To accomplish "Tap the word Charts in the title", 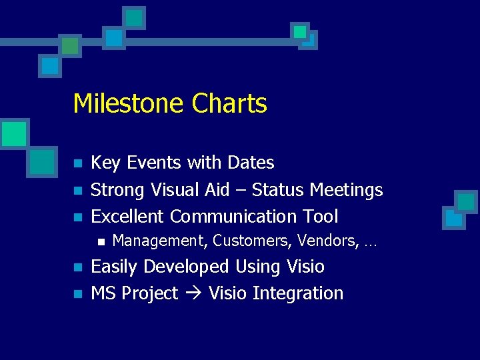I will click(x=229, y=104).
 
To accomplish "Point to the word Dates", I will click(x=251, y=163).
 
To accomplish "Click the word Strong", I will click(x=118, y=190).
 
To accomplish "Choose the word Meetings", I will click(x=347, y=190).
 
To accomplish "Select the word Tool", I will click(x=321, y=217).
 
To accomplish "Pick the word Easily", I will click(x=115, y=267).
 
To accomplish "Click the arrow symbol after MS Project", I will click(x=193, y=294).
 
